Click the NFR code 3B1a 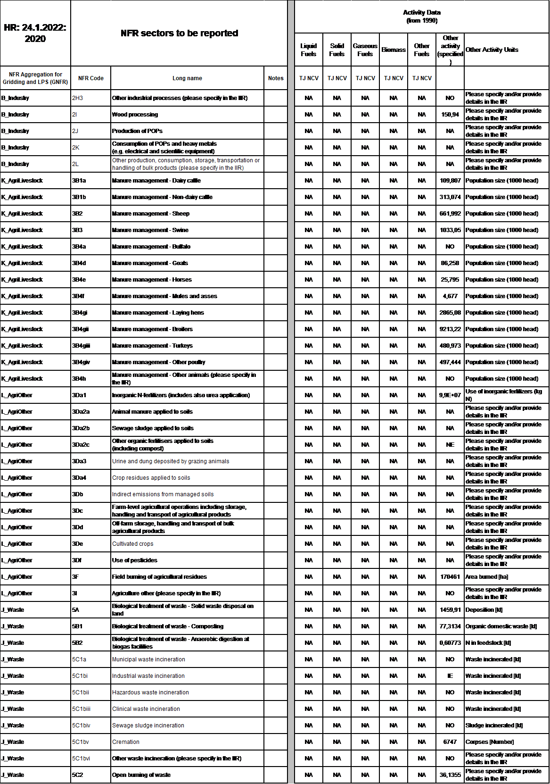click(79, 181)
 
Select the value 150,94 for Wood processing click(450, 115)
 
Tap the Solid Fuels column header click(337, 50)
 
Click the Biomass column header click(394, 50)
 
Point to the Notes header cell click(276, 78)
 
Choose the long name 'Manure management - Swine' click(150, 230)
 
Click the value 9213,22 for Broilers click(450, 329)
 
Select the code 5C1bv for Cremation click(81, 742)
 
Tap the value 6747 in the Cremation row click(450, 742)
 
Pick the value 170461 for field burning click(450, 577)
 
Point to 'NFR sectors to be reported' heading click(179, 33)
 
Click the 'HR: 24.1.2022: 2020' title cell click(35, 33)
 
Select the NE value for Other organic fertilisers click(450, 445)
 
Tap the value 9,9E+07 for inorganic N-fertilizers click(450, 395)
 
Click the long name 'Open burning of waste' click(141, 775)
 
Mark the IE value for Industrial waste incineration click(450, 676)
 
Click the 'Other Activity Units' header click(492, 50)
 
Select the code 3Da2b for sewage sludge click(81, 428)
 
